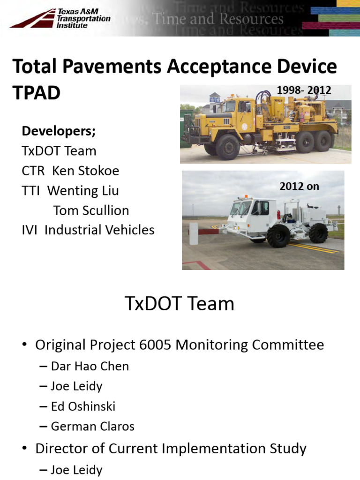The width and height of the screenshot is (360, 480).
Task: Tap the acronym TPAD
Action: coord(37,93)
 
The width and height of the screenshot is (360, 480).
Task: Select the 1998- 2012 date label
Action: coord(304,90)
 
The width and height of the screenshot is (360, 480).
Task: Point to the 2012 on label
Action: coord(299,186)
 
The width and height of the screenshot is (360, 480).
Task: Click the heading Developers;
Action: coord(59,131)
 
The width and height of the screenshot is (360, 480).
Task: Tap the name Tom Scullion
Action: coord(91,210)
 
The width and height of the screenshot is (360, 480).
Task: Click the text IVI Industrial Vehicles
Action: coord(88,230)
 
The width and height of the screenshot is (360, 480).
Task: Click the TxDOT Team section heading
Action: coord(180,304)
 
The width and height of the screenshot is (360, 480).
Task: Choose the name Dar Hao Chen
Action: coord(90,366)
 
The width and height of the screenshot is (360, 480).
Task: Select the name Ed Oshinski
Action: coord(83,406)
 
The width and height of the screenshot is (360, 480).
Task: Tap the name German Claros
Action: coord(92,427)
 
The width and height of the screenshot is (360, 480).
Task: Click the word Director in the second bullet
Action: coord(64,449)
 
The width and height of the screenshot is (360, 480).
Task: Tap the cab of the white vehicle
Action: coord(253,211)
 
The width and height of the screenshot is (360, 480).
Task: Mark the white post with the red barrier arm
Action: coord(193,233)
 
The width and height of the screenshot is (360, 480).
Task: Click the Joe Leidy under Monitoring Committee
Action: coord(76,386)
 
